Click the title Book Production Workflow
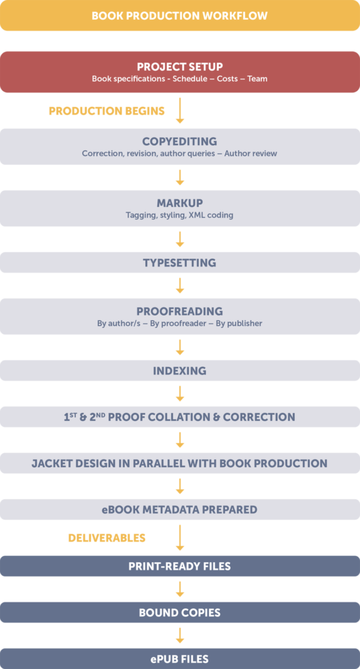(180, 16)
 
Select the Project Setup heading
(180, 67)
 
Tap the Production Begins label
(106, 111)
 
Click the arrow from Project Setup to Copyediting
(180, 111)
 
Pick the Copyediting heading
(180, 141)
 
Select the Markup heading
(180, 203)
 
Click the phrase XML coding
(211, 215)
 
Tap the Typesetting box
(180, 263)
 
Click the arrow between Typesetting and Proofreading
(180, 286)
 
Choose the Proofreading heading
(180, 311)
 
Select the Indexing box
(180, 370)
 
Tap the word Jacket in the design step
(54, 463)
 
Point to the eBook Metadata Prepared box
(180, 510)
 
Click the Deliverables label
(106, 538)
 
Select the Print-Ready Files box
(180, 566)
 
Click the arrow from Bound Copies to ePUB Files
(180, 636)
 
